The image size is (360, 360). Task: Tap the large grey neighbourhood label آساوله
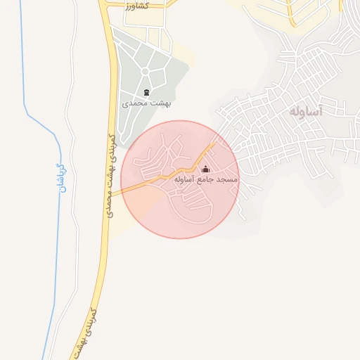(x=305, y=111)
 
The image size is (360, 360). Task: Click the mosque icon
(x=206, y=169)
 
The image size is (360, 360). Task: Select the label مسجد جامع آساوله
(x=206, y=181)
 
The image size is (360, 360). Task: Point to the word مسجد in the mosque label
(x=227, y=181)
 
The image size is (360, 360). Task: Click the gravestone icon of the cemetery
(x=146, y=92)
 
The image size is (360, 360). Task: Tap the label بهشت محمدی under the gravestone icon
(x=147, y=103)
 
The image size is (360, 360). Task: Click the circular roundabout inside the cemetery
(x=146, y=71)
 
